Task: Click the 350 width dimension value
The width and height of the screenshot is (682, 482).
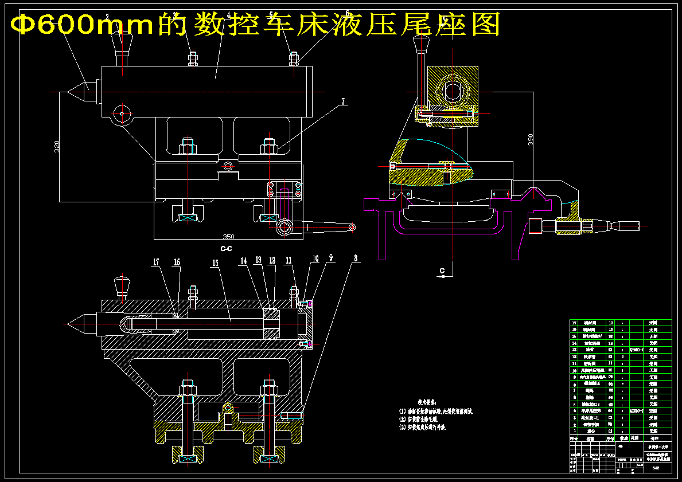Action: coord(228,237)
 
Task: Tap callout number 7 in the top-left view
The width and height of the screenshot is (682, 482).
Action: coord(343,101)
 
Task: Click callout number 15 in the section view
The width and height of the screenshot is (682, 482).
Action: coord(215,262)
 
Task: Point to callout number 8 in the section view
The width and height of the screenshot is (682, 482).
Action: coord(356,259)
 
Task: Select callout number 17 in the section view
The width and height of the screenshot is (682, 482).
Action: coord(155,262)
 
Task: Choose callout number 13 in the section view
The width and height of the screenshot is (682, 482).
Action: coord(258,260)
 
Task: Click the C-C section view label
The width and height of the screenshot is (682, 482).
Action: coord(227,249)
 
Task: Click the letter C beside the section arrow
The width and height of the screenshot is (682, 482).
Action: coord(442,270)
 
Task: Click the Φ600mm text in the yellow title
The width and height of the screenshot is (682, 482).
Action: coord(54,25)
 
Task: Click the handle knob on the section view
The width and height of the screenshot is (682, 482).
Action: coord(122,283)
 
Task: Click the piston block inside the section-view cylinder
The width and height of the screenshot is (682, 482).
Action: coord(271,324)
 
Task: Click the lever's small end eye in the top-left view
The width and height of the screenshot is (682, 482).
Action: coord(352,228)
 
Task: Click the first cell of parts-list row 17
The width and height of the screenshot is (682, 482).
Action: coord(574,323)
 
